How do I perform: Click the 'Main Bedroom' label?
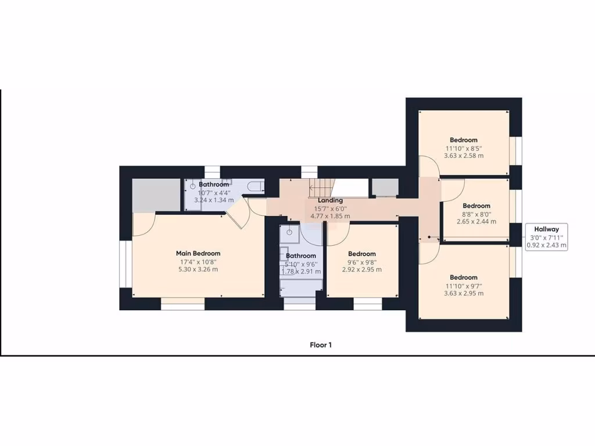tap(198, 253)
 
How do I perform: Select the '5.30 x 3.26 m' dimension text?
tap(198, 269)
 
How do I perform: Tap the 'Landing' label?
tap(329, 200)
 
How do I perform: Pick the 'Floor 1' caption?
tap(321, 345)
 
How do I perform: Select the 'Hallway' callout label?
tap(546, 229)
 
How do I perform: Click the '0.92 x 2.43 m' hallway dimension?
tap(546, 246)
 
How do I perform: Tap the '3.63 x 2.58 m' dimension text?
tap(463, 156)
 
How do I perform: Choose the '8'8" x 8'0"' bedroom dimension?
tap(476, 214)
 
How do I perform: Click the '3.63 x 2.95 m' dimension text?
tap(463, 293)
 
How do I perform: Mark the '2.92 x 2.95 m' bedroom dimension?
tap(362, 269)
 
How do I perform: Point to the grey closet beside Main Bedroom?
tap(155, 195)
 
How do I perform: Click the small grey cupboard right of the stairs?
tap(384, 188)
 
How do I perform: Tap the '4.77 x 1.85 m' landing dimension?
tap(329, 216)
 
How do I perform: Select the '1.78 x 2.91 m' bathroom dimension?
tap(300, 271)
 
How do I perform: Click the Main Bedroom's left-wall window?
tap(124, 265)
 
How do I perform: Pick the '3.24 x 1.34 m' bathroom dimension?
tap(214, 200)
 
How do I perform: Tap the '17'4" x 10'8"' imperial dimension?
tap(198, 262)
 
